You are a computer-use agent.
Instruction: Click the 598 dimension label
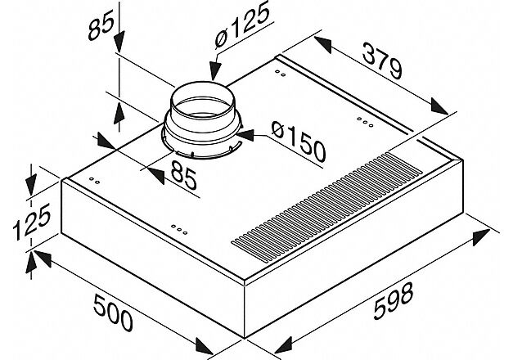click(394, 301)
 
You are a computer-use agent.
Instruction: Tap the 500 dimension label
click(113, 313)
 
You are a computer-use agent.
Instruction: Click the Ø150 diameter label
click(299, 142)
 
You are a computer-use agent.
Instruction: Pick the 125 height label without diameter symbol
click(31, 221)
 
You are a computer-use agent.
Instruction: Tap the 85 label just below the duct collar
click(184, 178)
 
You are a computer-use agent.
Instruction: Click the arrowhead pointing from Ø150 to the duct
click(246, 135)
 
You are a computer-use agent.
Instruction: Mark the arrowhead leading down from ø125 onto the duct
click(215, 70)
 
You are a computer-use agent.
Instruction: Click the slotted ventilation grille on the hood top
click(327, 207)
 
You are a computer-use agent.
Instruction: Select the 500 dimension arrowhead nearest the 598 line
click(205, 345)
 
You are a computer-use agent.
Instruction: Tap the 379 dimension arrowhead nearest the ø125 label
click(323, 45)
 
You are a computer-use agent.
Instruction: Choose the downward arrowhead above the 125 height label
click(31, 186)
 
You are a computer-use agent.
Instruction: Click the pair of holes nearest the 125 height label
click(95, 181)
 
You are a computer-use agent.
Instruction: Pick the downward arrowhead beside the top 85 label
click(119, 42)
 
